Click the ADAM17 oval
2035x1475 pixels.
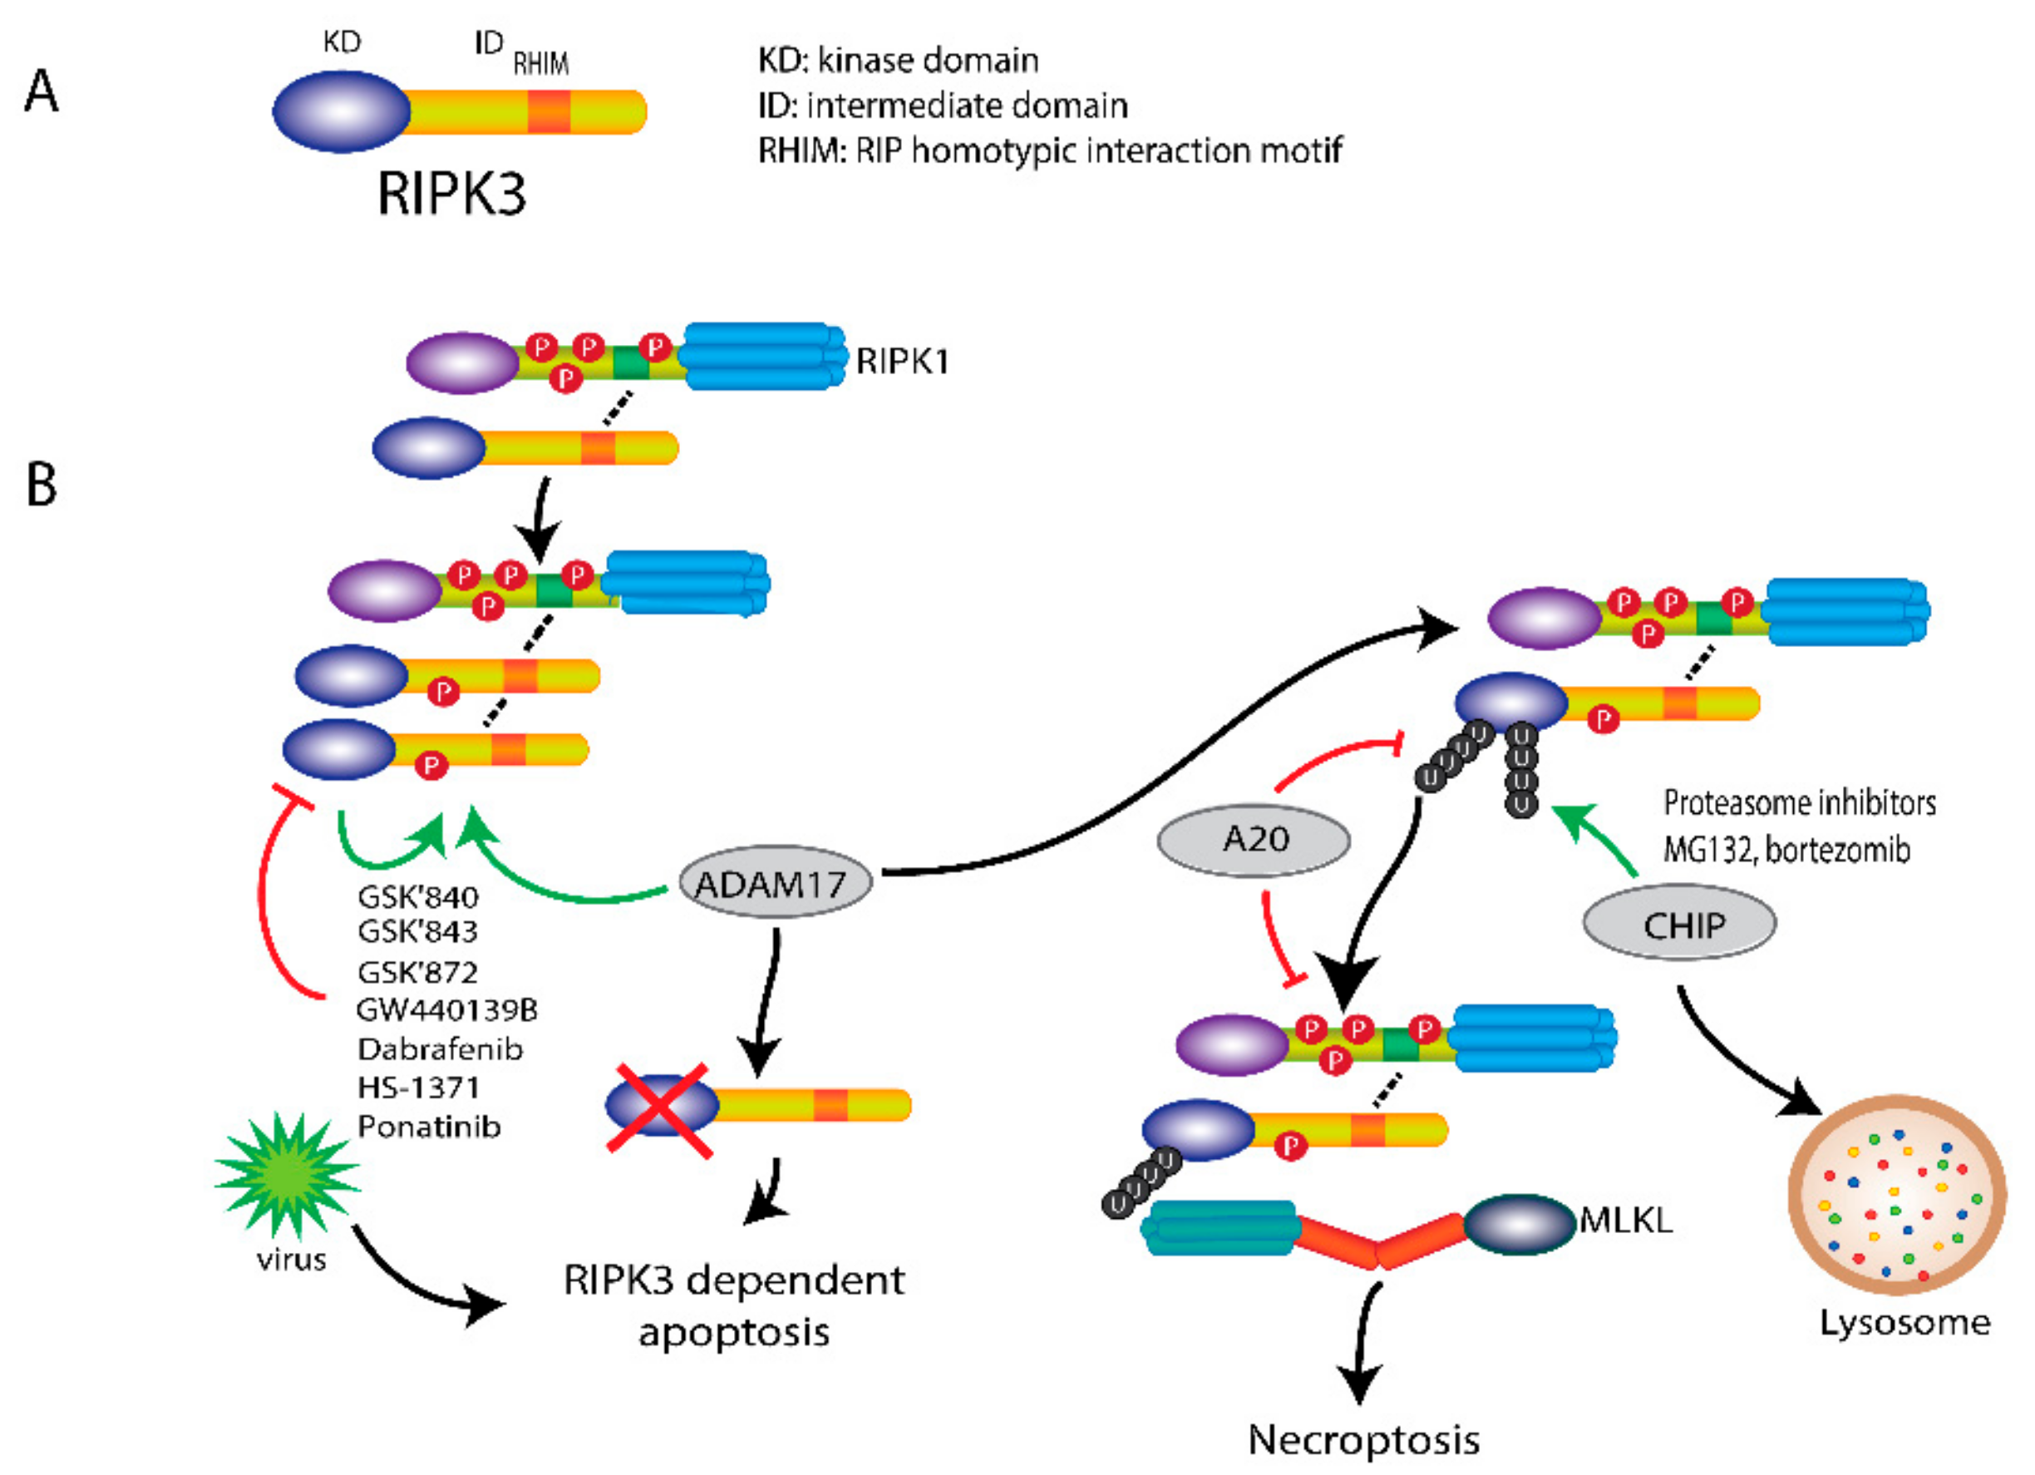click(772, 883)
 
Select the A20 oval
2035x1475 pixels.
click(1253, 839)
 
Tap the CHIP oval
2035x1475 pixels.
click(1678, 924)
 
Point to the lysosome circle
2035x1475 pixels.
click(1896, 1193)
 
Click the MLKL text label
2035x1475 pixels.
click(1625, 1221)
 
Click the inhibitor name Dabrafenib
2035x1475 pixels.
click(440, 1048)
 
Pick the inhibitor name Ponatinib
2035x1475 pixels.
click(429, 1125)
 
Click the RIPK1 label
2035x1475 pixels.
click(901, 361)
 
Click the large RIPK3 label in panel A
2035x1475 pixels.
click(451, 192)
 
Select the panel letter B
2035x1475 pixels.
click(42, 485)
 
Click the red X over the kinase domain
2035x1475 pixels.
click(658, 1109)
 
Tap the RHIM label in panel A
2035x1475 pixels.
click(540, 64)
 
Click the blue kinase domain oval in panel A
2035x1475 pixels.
click(341, 111)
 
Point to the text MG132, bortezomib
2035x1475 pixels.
click(1786, 849)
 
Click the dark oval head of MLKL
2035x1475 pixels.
click(1518, 1223)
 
